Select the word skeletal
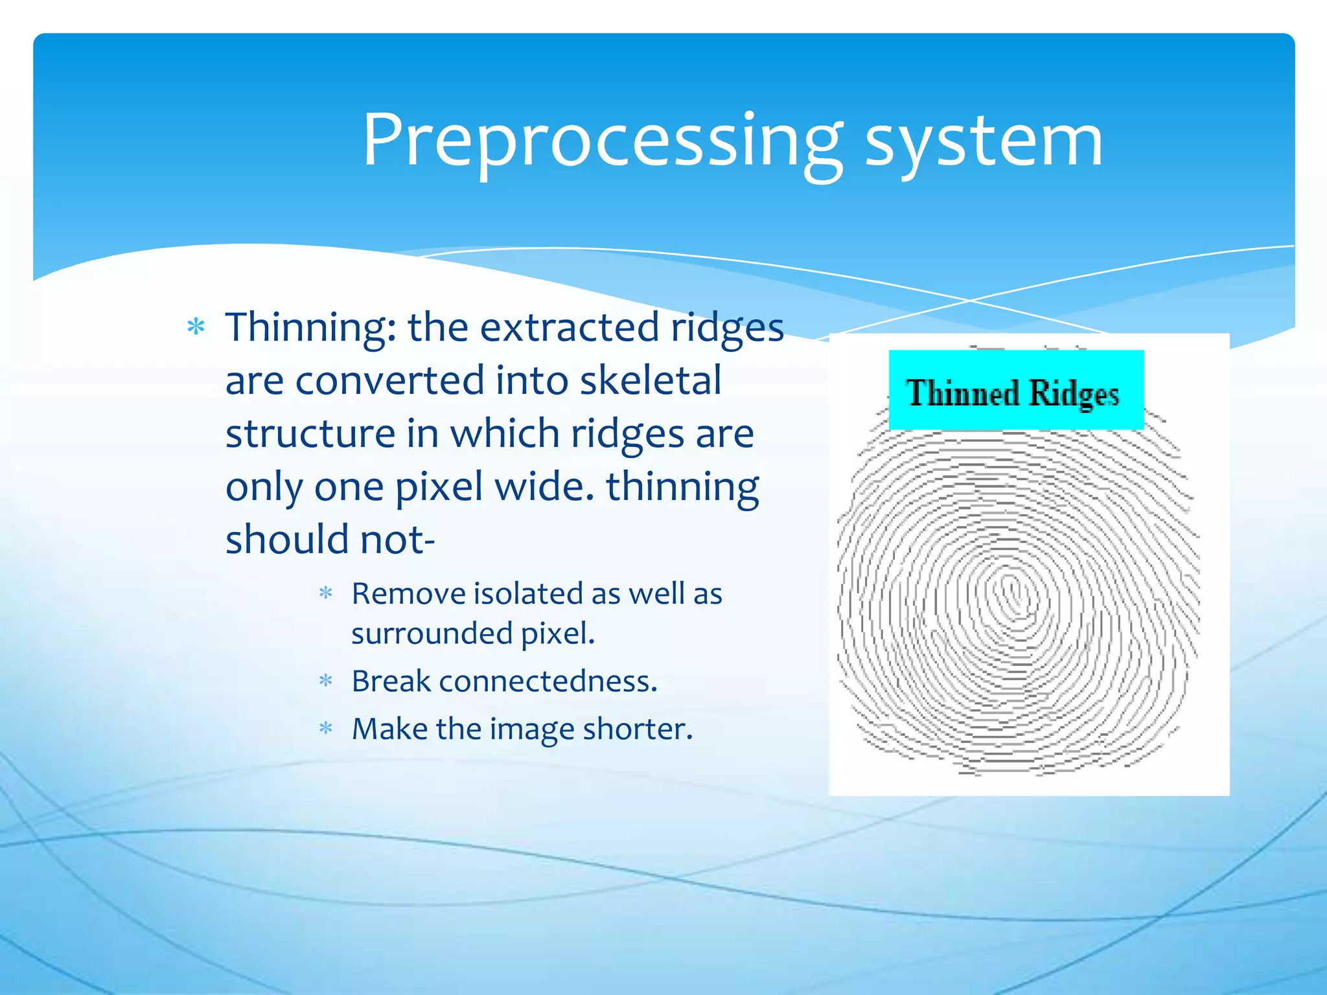[651, 380]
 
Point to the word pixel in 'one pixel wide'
[439, 486]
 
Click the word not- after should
[397, 540]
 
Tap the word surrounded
[432, 633]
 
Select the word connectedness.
[548, 681]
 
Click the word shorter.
[638, 729]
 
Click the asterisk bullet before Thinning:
[196, 327]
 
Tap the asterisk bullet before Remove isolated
[326, 593]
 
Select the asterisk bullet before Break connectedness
[326, 681]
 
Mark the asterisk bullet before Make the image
[326, 729]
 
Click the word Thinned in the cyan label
[962, 393]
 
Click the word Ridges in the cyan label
[1074, 393]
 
